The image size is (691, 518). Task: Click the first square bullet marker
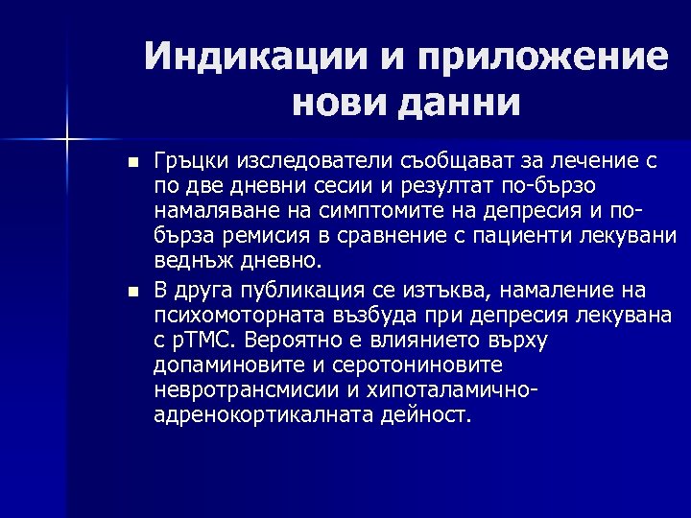click(x=132, y=160)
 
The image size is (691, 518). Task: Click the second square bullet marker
click(x=132, y=291)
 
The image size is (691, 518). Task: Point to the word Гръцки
click(x=189, y=160)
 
